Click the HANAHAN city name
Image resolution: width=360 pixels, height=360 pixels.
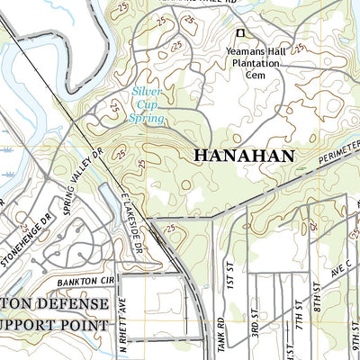click(244, 156)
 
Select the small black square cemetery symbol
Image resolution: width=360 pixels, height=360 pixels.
click(239, 34)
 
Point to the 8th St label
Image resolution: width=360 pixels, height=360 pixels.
click(317, 297)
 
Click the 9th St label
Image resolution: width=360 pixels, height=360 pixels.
click(355, 342)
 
